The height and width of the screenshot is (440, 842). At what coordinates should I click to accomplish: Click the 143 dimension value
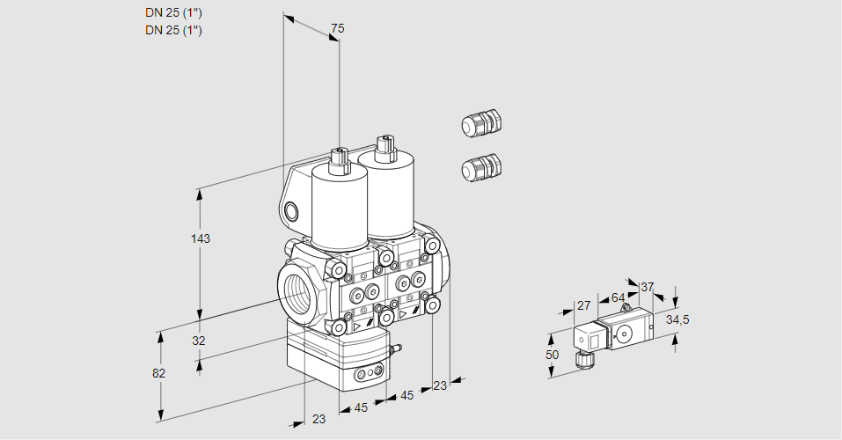click(201, 238)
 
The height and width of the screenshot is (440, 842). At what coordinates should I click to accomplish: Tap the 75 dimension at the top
click(337, 29)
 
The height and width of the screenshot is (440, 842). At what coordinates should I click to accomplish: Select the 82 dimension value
click(159, 373)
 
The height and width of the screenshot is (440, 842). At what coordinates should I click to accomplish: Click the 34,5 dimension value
click(677, 319)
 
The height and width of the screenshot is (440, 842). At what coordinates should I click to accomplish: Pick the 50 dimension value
click(552, 355)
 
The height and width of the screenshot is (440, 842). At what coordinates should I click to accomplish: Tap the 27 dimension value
click(583, 305)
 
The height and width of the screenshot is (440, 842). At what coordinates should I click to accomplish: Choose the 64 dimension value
click(618, 297)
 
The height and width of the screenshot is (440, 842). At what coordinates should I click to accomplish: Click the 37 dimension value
click(648, 287)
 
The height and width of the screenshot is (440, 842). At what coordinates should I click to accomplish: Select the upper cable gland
click(480, 123)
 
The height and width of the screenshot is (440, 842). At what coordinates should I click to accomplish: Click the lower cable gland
click(480, 167)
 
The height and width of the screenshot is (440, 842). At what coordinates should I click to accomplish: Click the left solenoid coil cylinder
click(339, 207)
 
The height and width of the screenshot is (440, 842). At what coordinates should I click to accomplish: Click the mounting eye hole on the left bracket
click(292, 210)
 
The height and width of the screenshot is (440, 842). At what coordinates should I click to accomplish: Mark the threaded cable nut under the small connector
click(581, 358)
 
